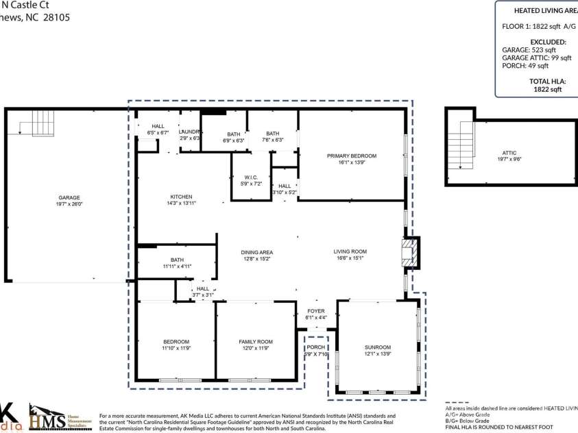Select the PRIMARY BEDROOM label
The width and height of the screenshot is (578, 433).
click(x=351, y=156)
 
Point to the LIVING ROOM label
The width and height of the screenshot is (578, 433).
click(x=350, y=251)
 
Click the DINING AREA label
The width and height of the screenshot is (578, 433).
click(x=256, y=252)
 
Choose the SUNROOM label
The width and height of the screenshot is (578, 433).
click(x=377, y=347)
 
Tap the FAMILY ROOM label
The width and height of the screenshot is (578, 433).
click(x=255, y=341)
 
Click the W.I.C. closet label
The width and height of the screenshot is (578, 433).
click(x=251, y=177)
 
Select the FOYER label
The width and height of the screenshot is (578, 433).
click(x=316, y=310)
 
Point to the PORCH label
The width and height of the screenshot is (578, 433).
click(x=316, y=347)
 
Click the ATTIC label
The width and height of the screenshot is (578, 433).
click(x=509, y=153)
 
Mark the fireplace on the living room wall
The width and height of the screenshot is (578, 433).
click(x=409, y=252)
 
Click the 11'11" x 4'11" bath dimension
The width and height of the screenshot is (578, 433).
click(x=177, y=266)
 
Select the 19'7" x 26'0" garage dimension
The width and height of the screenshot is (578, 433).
click(x=67, y=204)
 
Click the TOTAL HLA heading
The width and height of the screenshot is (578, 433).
click(x=536, y=80)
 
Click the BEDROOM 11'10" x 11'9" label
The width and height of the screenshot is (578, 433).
click(x=176, y=345)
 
